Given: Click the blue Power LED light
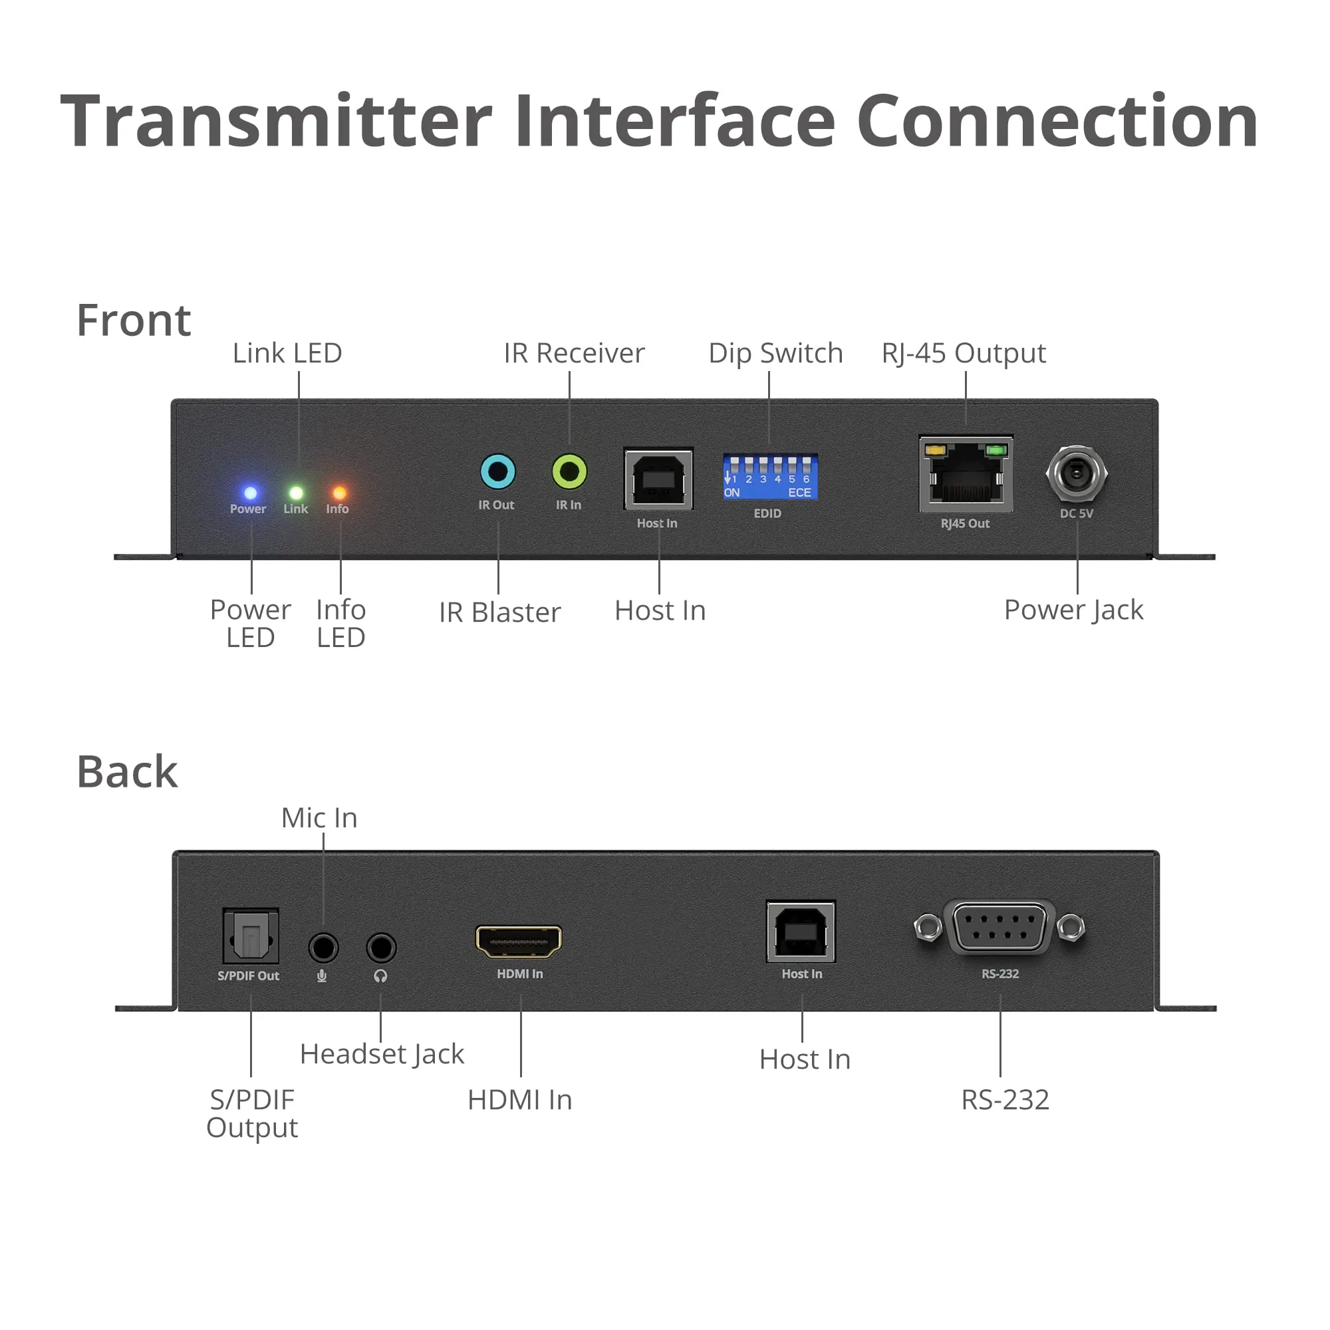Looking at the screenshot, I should point(251,493).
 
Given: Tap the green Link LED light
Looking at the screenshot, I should point(296,493).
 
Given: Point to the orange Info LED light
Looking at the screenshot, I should point(339,493).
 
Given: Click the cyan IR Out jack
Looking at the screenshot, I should point(497,472).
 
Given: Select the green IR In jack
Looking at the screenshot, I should point(569,472).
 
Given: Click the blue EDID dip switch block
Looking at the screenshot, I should point(769,476).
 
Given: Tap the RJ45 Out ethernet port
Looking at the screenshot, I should point(966,473).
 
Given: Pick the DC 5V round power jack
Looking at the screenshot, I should point(1077,473).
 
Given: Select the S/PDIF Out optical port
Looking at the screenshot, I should point(251,936).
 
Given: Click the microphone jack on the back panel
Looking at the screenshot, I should point(323,948).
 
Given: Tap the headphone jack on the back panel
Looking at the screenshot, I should point(380,948).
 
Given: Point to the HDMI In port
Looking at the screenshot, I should point(519,942).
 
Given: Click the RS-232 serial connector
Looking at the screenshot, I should point(999,927).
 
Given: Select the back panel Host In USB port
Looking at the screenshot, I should point(801,932).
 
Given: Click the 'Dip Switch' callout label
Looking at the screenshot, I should point(776,353).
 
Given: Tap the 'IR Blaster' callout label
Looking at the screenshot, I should point(500,612).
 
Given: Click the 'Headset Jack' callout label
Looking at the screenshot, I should point(382,1054).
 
